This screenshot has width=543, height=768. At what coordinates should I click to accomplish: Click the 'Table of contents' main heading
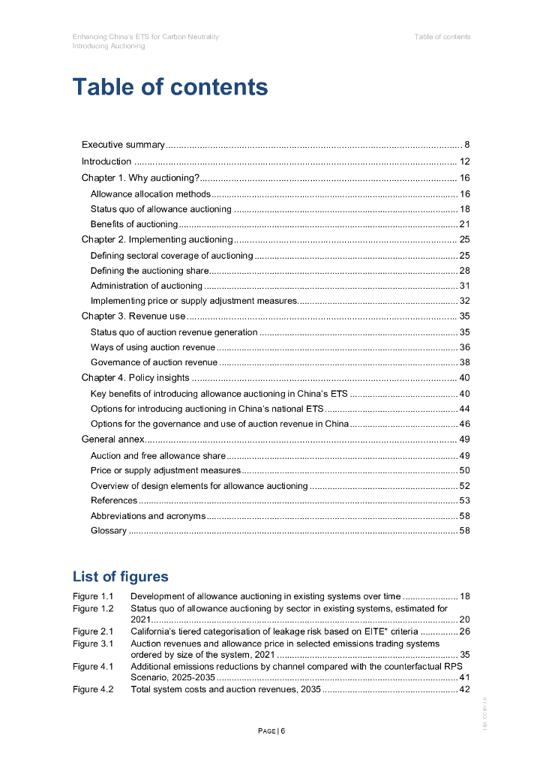[x=169, y=87]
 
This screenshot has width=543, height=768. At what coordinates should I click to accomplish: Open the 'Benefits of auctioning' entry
[x=133, y=224]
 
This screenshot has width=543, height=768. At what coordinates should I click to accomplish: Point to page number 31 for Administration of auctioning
[x=464, y=286]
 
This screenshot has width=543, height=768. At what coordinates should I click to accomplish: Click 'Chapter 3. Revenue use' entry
[x=133, y=316]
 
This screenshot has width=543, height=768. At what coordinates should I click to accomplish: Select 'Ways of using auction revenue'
[x=152, y=347]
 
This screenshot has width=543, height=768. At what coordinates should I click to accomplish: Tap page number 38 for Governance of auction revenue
[x=464, y=362]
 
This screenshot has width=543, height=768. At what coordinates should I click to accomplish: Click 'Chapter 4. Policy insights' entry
[x=135, y=378]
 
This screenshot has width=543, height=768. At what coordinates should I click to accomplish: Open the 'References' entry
[x=114, y=500]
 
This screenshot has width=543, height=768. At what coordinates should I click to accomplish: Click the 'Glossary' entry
[x=109, y=531]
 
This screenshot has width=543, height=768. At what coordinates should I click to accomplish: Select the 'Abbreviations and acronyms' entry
[x=148, y=516]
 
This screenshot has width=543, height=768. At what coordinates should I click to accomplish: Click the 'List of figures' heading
[x=120, y=576]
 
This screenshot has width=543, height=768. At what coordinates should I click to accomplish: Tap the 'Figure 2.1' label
[x=93, y=631]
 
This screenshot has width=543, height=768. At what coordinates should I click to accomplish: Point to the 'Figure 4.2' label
[x=93, y=689]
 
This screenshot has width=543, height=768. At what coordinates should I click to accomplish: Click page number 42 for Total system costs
[x=464, y=689]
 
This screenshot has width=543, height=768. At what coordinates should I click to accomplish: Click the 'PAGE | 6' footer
[x=271, y=731]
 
